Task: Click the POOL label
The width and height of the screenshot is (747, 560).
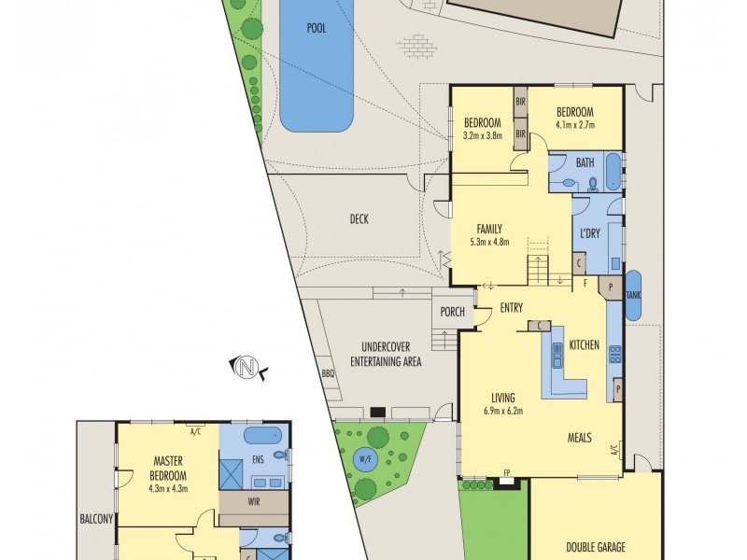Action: coord(317,28)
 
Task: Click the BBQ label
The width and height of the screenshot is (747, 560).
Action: coord(328,374)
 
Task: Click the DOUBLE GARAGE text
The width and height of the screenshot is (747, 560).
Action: coord(594,548)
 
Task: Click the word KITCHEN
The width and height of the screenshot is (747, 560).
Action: coord(584,345)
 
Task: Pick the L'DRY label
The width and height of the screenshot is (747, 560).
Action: coord(589,233)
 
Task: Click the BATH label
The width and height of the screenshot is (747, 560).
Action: coord(585,163)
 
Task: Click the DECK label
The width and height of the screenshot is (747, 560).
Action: coord(359,220)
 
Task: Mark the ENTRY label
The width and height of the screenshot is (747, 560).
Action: coord(511,309)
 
